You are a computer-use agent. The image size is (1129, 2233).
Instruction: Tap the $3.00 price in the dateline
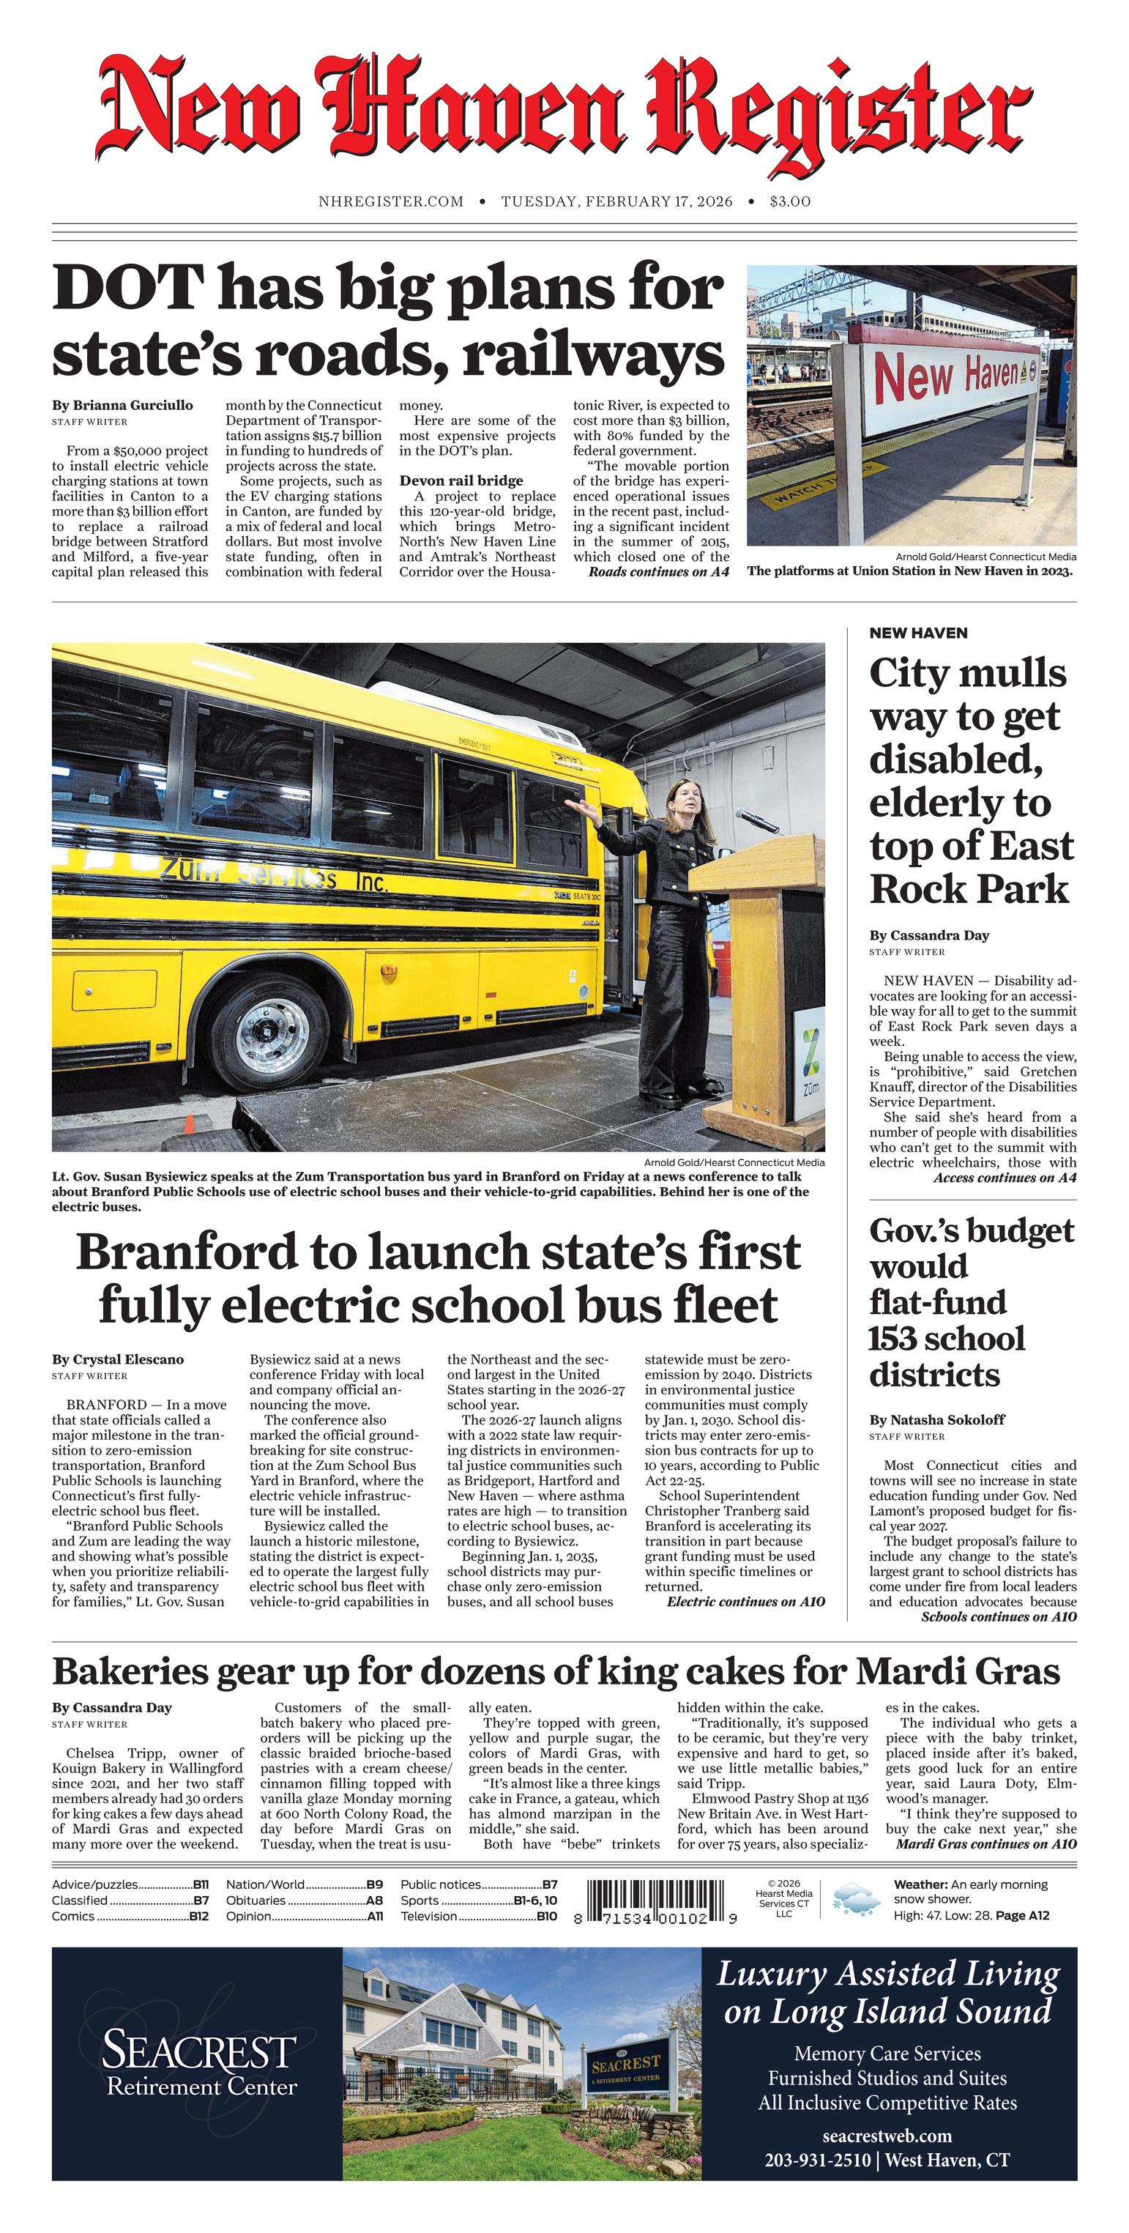(790, 202)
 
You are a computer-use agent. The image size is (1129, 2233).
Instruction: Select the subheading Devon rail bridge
(461, 480)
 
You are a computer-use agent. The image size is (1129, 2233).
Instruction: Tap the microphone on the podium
(753, 817)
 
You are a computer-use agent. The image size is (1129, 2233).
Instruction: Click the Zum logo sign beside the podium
(811, 1062)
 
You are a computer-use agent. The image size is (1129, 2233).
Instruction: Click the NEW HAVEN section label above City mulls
(918, 633)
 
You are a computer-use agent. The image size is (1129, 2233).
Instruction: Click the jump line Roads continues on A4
(658, 572)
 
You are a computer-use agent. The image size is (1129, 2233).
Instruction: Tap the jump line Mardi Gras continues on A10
(986, 1844)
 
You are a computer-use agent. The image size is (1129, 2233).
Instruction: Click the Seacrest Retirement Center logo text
(200, 2065)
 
